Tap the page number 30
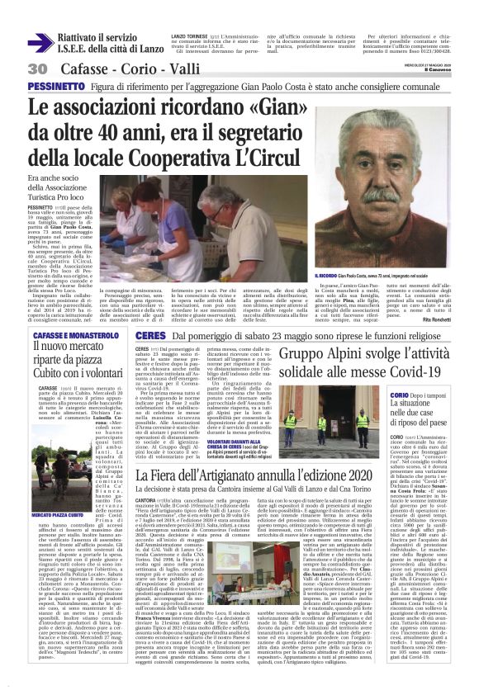(37, 68)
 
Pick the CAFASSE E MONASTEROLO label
(69, 336)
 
